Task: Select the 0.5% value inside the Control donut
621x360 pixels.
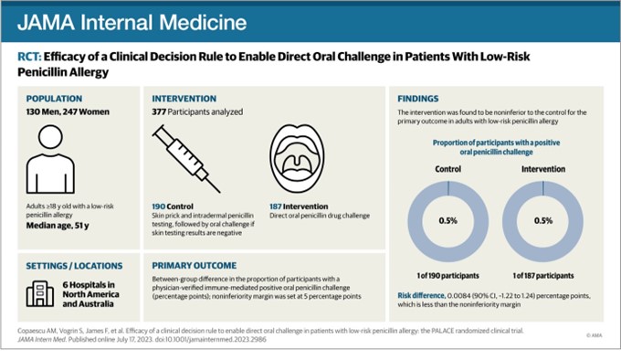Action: [447, 219]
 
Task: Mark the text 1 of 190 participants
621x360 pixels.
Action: [447, 275]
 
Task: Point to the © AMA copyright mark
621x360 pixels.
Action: [594, 336]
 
